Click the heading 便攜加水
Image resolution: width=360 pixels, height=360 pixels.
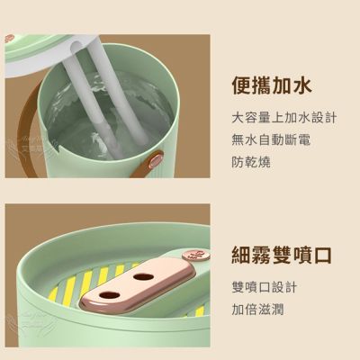(x=272, y=85)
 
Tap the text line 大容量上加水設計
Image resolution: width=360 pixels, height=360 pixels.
(x=284, y=118)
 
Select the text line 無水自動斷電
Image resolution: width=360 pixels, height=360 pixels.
(x=271, y=139)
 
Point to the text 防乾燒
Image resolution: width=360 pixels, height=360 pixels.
(x=251, y=162)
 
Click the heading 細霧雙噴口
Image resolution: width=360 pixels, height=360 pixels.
(x=282, y=256)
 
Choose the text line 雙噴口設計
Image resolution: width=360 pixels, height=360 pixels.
(x=265, y=287)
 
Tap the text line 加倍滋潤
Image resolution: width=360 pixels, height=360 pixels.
(x=257, y=310)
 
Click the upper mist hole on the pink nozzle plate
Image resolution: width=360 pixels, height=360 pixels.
(x=143, y=276)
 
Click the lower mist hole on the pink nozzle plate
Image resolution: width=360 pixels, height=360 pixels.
(x=108, y=295)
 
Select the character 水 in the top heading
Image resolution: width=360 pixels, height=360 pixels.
(x=301, y=85)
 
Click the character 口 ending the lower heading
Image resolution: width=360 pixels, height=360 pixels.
(x=322, y=256)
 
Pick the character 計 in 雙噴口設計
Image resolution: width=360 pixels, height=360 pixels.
(x=291, y=287)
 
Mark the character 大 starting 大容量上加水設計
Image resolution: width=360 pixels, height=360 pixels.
(x=238, y=118)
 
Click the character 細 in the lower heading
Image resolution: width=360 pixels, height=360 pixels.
(x=241, y=256)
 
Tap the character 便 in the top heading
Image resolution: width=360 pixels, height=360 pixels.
(x=241, y=85)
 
